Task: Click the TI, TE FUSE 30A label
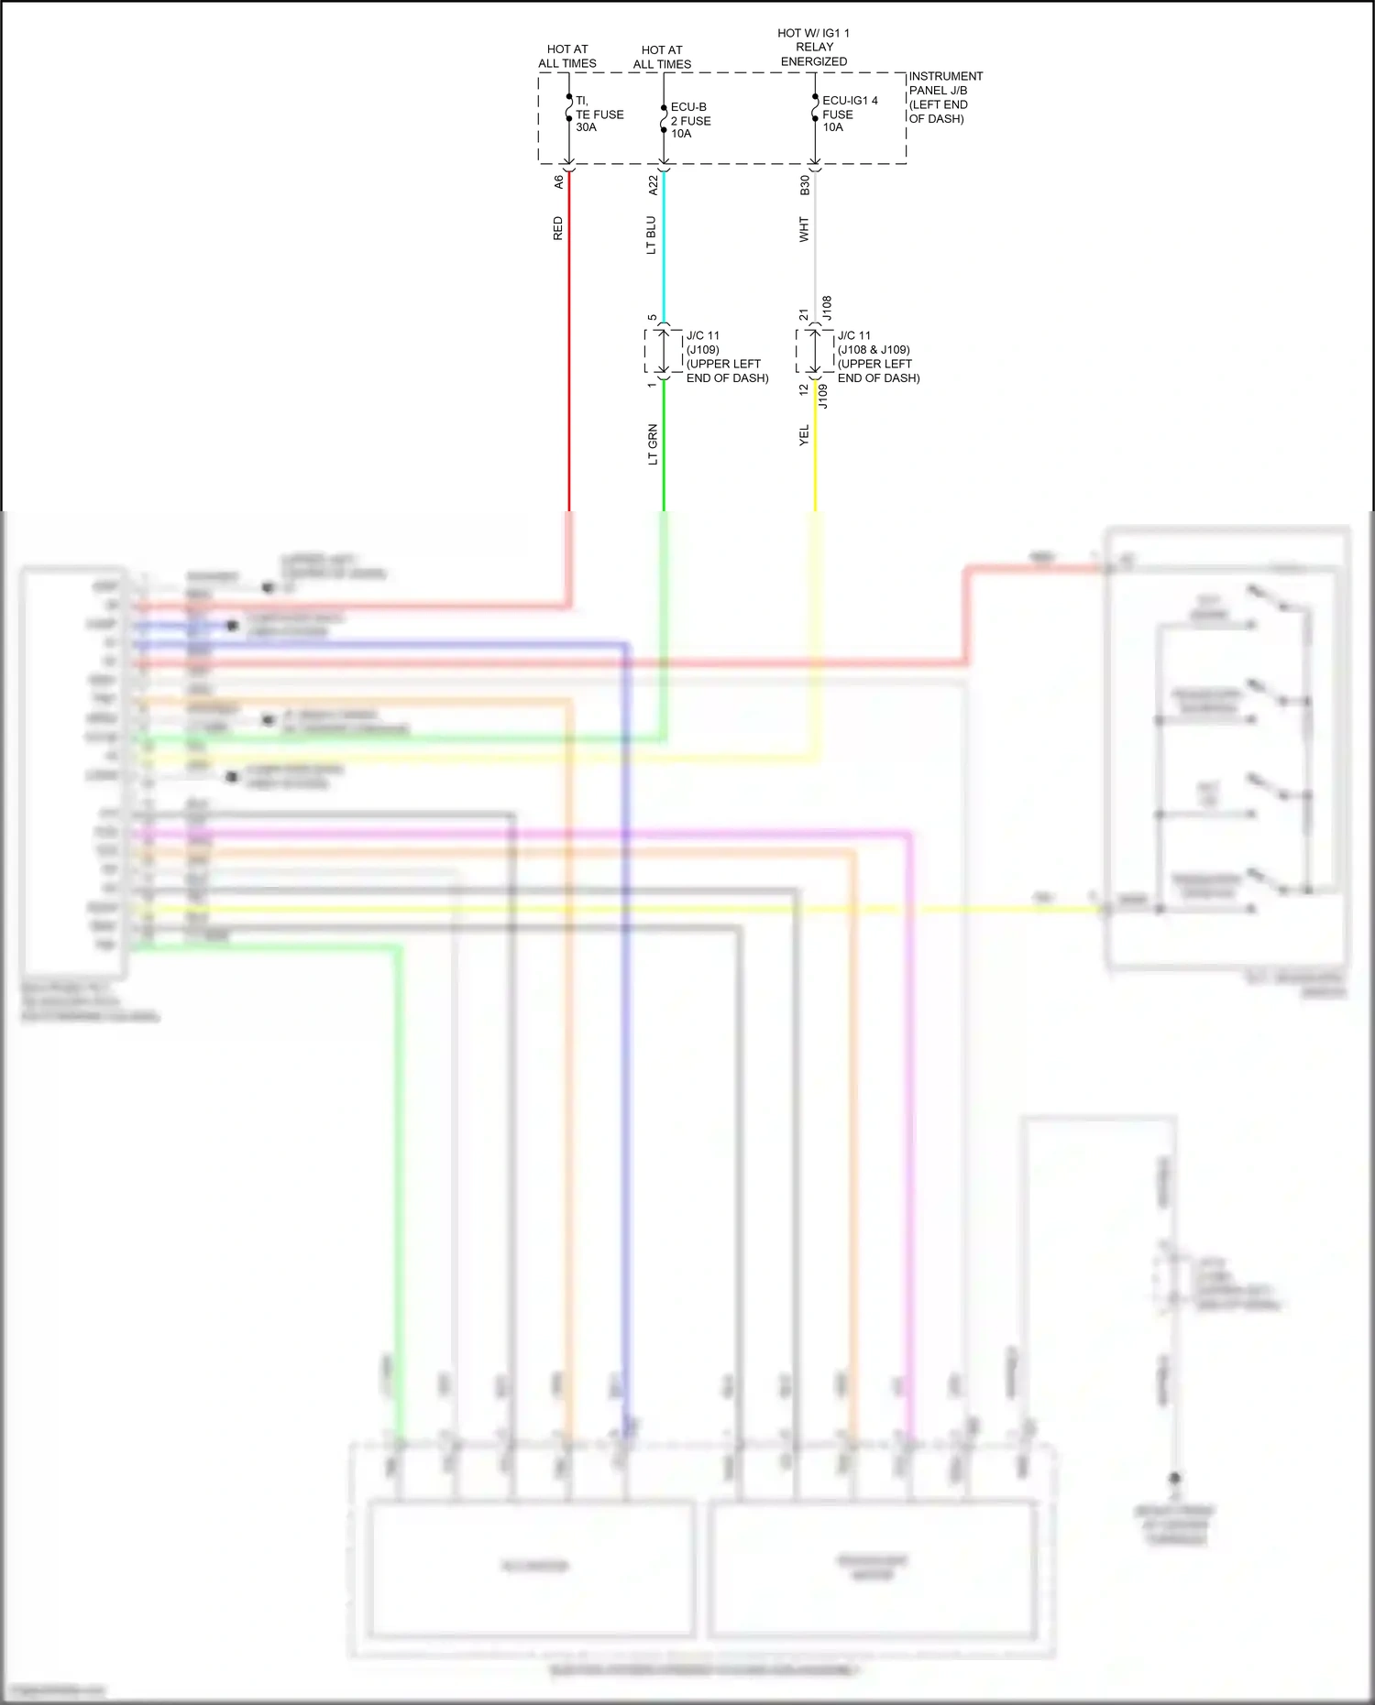point(599,115)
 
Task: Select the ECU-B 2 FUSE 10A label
point(690,120)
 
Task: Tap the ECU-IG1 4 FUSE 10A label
point(849,114)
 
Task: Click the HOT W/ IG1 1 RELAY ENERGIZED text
point(814,47)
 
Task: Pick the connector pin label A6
point(558,182)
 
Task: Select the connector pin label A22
point(654,185)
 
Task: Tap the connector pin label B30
point(805,185)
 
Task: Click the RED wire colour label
point(557,228)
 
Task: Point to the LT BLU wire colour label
point(651,235)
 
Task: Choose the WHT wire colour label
point(804,229)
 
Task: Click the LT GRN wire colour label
point(653,444)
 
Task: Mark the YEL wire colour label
point(804,435)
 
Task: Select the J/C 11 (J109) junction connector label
point(727,356)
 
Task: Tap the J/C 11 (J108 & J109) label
point(878,356)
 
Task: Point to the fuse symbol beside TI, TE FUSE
point(569,108)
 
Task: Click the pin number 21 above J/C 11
point(804,314)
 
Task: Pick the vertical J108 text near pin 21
point(826,307)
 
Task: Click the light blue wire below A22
point(664,247)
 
